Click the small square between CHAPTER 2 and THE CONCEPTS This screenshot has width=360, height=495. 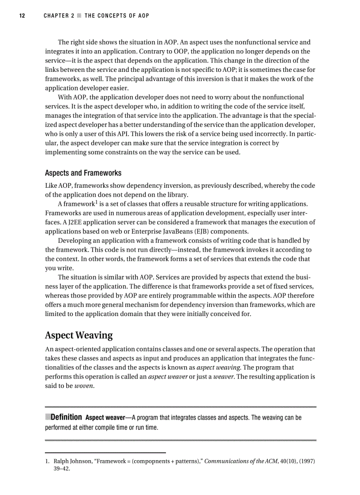[79, 16]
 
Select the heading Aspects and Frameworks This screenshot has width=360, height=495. [83, 173]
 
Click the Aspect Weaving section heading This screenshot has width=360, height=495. [79, 335]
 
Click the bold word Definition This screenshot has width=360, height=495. [66, 417]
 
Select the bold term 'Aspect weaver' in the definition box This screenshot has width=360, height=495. [105, 417]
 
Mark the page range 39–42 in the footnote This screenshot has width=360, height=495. [62, 469]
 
